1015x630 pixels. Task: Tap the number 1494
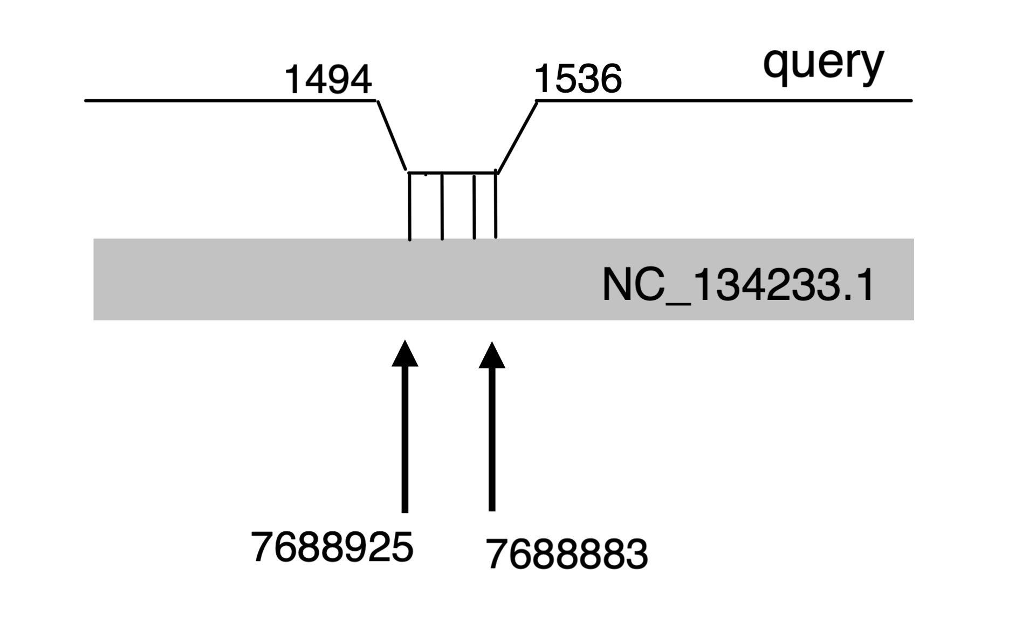pyautogui.click(x=328, y=80)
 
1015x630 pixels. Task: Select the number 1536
pyautogui.click(x=578, y=79)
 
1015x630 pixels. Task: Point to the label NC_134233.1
pyautogui.click(x=737, y=285)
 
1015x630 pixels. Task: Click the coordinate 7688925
pyautogui.click(x=332, y=547)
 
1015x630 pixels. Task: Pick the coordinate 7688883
pyautogui.click(x=567, y=554)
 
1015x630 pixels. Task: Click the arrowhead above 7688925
pyautogui.click(x=405, y=354)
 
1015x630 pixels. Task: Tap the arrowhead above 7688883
pyautogui.click(x=492, y=355)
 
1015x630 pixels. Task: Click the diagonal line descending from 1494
pyautogui.click(x=392, y=135)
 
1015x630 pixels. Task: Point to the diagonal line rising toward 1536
pyautogui.click(x=517, y=137)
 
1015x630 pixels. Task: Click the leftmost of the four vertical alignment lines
pyautogui.click(x=410, y=206)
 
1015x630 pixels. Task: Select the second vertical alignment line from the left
pyautogui.click(x=442, y=206)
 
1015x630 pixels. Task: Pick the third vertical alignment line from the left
pyautogui.click(x=474, y=207)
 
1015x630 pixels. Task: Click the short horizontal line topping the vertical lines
pyautogui.click(x=452, y=173)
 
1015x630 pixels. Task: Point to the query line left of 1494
pyautogui.click(x=227, y=100)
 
